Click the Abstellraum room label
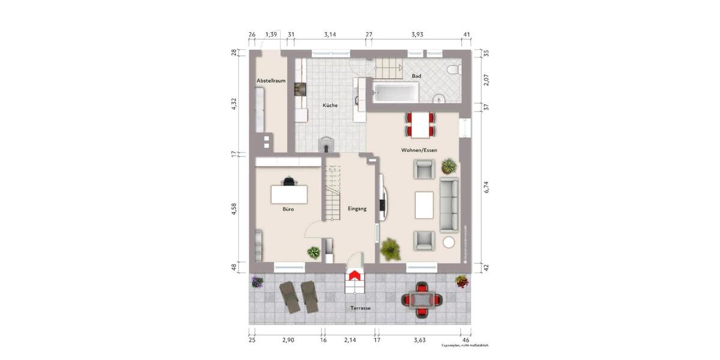(271, 80)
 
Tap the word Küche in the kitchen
(330, 106)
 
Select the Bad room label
(416, 76)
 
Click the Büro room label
(289, 210)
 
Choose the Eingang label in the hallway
(357, 208)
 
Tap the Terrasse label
(361, 308)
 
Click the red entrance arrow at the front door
(355, 275)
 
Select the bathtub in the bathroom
(395, 91)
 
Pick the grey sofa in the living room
(449, 205)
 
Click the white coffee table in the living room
(424, 205)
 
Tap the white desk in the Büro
(289, 195)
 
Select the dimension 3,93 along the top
(417, 34)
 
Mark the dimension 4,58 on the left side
(235, 212)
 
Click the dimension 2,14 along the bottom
(349, 340)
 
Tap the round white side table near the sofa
(448, 242)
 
